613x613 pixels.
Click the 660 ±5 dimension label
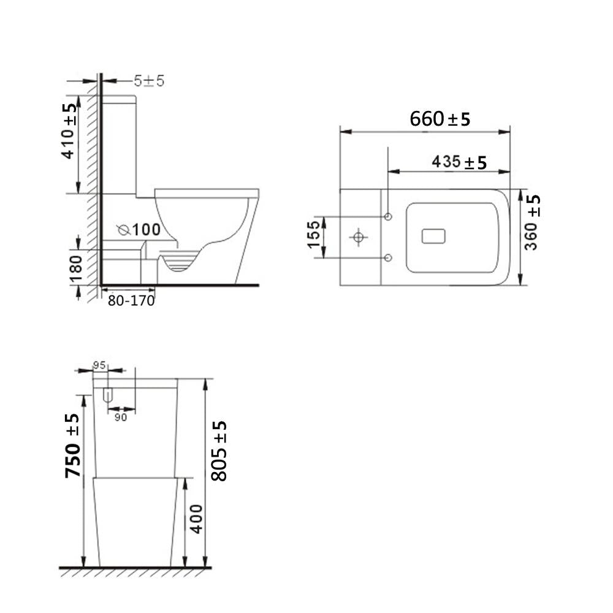click(440, 118)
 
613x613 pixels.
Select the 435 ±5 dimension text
click(459, 162)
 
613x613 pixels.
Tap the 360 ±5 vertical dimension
click(532, 222)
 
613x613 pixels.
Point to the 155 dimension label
click(314, 235)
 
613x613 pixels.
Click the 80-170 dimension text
click(131, 301)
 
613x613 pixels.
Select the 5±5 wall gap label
click(149, 80)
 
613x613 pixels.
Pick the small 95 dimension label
click(99, 365)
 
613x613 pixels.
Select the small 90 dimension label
click(120, 417)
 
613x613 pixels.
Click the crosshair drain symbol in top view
click(358, 236)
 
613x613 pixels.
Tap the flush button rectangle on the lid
click(434, 236)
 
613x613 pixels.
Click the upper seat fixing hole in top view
click(388, 216)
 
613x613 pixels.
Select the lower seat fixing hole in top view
click(388, 257)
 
